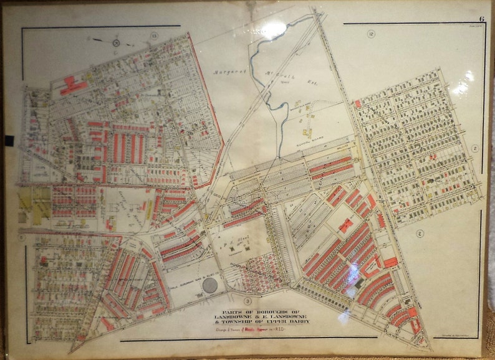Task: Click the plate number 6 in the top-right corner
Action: coord(481,19)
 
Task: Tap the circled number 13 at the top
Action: coord(153,36)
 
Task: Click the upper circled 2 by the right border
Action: coord(474,148)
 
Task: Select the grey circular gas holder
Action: coord(211,286)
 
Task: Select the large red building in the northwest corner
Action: coord(73,86)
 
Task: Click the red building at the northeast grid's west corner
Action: coord(358,103)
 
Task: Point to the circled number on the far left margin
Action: coord(21,237)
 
